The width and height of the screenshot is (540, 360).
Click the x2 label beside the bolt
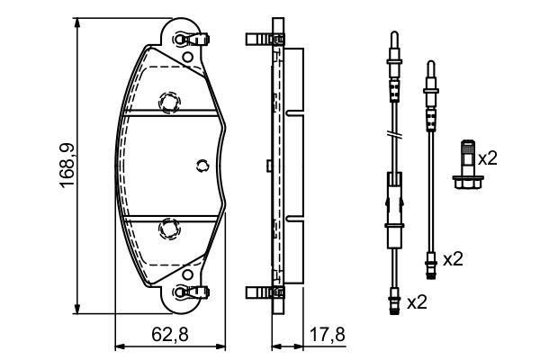tap(487, 158)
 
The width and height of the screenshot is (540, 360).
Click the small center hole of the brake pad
tap(202, 164)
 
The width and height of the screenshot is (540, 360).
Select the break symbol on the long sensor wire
tap(392, 135)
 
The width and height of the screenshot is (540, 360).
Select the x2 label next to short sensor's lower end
tap(453, 259)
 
